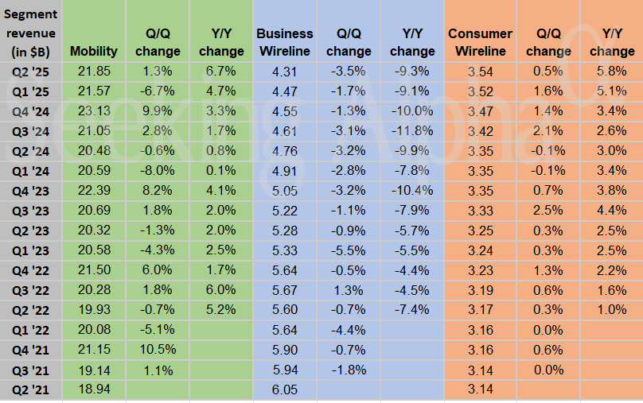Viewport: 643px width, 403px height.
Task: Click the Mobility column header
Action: point(94,51)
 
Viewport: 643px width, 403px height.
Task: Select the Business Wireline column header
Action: point(285,42)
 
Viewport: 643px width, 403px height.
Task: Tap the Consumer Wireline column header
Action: point(480,42)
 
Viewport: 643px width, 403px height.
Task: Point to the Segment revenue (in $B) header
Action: point(30,33)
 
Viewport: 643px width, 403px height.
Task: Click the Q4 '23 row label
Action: point(30,190)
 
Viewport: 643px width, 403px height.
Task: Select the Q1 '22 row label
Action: point(30,329)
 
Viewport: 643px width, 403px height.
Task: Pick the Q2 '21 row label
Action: point(30,389)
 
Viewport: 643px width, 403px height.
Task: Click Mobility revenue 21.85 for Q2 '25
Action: point(94,71)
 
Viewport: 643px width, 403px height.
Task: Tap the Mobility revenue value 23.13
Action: point(94,110)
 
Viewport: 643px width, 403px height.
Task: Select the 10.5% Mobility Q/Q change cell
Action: point(158,349)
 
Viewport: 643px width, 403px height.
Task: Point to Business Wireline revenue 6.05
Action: point(285,389)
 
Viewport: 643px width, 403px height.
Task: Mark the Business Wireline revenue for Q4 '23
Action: point(285,190)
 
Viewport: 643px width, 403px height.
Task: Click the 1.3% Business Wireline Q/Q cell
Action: point(349,289)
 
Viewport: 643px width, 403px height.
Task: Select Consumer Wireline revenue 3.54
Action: point(480,71)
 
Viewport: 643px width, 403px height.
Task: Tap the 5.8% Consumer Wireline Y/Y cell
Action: point(612,71)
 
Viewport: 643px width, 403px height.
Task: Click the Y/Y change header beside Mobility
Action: point(221,42)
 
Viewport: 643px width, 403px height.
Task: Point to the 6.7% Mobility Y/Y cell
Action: point(221,71)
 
